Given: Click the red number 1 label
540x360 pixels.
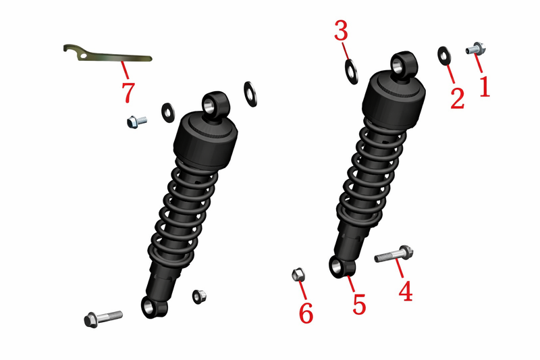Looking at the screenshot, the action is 484,86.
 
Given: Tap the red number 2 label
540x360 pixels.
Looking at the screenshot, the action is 458,99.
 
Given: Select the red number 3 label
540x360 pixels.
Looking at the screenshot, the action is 341,30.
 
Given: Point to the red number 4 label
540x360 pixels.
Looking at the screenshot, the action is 406,291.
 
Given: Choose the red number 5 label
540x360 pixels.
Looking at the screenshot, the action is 359,304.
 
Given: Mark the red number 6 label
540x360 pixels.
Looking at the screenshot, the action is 306,313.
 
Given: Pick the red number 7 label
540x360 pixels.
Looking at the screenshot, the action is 128,92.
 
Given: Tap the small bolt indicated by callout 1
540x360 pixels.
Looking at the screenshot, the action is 476,49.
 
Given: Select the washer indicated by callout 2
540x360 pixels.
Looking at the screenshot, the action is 445,56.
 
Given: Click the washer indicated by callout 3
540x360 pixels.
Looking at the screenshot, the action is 351,72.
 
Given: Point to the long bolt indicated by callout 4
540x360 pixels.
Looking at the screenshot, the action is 394,254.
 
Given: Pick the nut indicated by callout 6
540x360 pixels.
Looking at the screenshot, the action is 298,274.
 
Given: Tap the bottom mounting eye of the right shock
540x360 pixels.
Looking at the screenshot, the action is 342,266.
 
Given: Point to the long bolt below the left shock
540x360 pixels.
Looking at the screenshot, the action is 103,319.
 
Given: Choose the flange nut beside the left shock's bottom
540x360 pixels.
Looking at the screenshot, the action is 199,297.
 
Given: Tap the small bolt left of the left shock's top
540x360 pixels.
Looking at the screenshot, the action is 137,122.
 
